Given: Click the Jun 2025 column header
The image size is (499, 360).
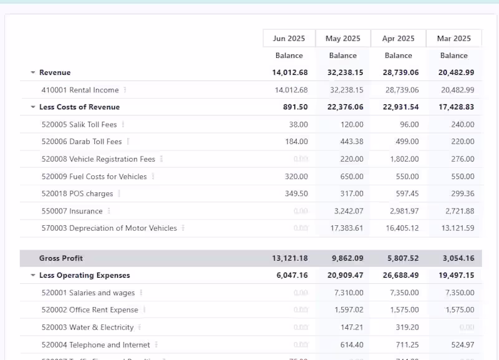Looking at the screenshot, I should (x=289, y=39).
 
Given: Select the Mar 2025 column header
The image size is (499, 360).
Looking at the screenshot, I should (x=453, y=39).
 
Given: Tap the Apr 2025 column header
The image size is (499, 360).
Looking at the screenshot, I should (x=398, y=39).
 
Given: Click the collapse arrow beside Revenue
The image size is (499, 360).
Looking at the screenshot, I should (x=33, y=73).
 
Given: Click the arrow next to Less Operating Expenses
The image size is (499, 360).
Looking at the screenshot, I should (x=33, y=276).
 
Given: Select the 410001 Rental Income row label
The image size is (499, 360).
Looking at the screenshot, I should (x=80, y=90).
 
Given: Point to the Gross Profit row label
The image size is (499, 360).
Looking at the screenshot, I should (x=61, y=258).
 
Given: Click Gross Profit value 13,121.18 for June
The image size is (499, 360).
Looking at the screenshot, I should (x=290, y=258).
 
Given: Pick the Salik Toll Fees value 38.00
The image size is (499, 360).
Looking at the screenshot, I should (x=298, y=125).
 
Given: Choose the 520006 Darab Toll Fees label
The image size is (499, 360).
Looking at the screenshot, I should (x=82, y=142).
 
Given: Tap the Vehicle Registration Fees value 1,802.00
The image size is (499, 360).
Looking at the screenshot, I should (x=404, y=159).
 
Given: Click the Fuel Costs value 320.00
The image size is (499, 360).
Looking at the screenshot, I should (x=296, y=177).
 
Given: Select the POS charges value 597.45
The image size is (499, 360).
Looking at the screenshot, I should (x=405, y=194).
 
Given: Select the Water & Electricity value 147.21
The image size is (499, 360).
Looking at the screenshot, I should (x=352, y=328).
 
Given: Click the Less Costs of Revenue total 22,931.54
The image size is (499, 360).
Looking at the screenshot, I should (x=398, y=107).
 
